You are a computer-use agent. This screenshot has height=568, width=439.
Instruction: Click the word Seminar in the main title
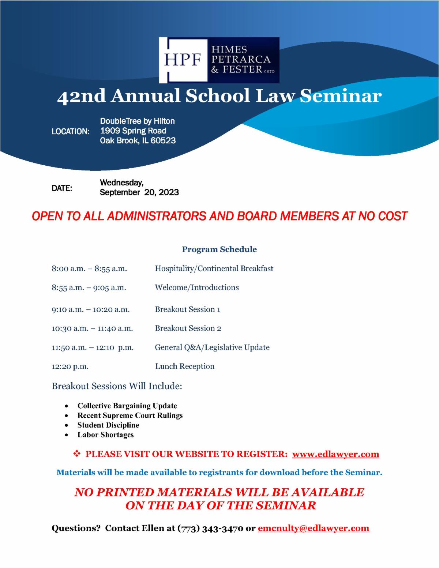[341, 96]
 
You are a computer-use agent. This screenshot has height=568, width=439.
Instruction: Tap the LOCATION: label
[71, 131]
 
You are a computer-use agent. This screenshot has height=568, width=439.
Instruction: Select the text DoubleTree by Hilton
[137, 121]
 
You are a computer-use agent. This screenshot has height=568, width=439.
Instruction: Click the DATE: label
[62, 188]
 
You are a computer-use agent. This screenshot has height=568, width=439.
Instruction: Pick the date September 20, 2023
[139, 192]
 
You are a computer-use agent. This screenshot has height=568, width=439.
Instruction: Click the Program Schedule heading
[219, 249]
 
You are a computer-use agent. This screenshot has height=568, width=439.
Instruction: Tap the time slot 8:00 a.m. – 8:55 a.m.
[89, 269]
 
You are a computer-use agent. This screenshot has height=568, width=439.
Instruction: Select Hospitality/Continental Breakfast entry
[214, 269]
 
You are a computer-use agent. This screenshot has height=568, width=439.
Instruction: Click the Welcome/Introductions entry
[197, 287]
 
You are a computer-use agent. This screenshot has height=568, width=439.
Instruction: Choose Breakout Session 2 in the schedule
[188, 328]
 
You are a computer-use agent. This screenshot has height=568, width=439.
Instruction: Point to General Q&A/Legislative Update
[212, 347]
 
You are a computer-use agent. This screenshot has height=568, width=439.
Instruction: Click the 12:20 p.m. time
[70, 366]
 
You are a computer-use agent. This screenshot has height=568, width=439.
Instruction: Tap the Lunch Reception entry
[185, 366]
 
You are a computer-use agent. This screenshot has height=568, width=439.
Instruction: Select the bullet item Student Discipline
[108, 425]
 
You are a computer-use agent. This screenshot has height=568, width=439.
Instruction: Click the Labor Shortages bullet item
[105, 435]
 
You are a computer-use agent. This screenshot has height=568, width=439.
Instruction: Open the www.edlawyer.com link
[335, 454]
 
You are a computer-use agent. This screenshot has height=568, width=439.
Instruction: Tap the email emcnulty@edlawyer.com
[314, 528]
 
